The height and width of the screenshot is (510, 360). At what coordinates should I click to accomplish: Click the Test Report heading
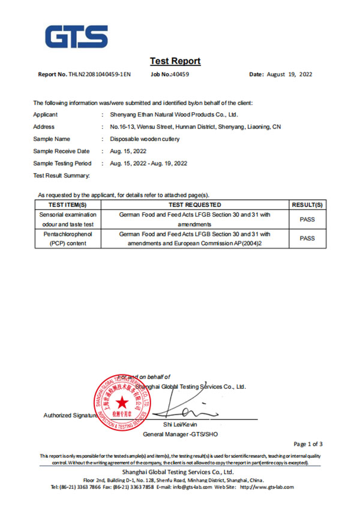click(175, 61)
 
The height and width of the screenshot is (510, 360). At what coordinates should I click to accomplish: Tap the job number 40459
click(179, 74)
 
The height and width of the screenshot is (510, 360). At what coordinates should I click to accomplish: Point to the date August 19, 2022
click(289, 74)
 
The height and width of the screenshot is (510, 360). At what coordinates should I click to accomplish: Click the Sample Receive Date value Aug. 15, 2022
click(128, 151)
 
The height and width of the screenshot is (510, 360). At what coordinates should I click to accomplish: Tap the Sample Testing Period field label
click(62, 163)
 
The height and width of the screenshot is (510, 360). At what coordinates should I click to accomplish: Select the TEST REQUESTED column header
click(195, 205)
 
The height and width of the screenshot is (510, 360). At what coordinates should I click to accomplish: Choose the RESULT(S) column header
click(307, 205)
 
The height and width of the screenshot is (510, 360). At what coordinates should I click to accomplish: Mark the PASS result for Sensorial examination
click(307, 219)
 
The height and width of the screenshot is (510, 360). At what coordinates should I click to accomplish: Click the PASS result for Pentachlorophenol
click(307, 238)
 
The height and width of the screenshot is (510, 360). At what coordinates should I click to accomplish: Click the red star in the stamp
click(122, 402)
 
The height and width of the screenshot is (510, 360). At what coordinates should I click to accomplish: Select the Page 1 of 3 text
click(308, 444)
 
